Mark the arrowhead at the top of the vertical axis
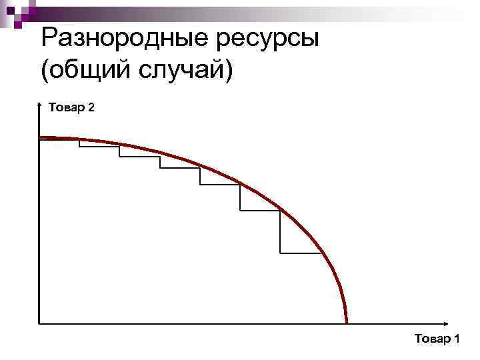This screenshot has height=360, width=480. pyautogui.click(x=39, y=105)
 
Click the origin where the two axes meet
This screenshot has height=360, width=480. pyautogui.click(x=39, y=323)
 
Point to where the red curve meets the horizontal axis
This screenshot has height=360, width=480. pyautogui.click(x=347, y=323)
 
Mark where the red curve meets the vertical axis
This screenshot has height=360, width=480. pyautogui.click(x=40, y=138)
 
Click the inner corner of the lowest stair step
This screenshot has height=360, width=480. pyautogui.click(x=280, y=253)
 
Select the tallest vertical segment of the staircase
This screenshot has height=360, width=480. pyautogui.click(x=280, y=232)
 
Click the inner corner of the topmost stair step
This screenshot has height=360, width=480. pyautogui.click(x=79, y=146)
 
